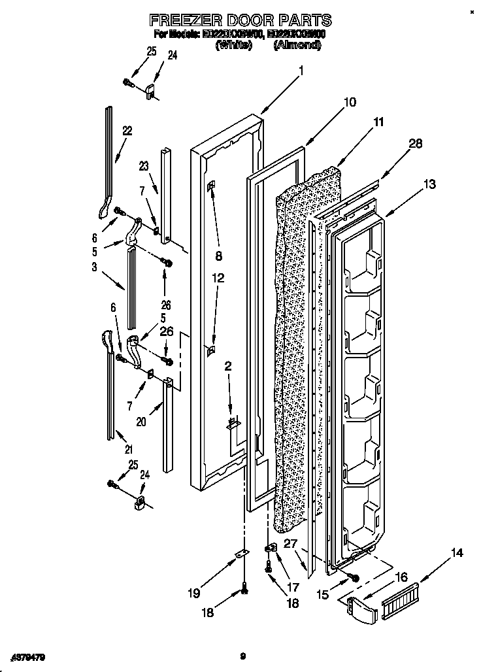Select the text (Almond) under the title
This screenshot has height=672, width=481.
(297, 45)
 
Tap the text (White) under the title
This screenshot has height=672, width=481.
(233, 45)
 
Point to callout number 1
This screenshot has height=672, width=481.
(301, 73)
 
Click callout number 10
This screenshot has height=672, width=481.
(350, 102)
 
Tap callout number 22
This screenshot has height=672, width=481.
(127, 131)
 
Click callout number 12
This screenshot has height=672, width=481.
(218, 278)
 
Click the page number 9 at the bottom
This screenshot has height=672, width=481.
(242, 655)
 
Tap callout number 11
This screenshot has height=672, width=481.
(378, 122)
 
